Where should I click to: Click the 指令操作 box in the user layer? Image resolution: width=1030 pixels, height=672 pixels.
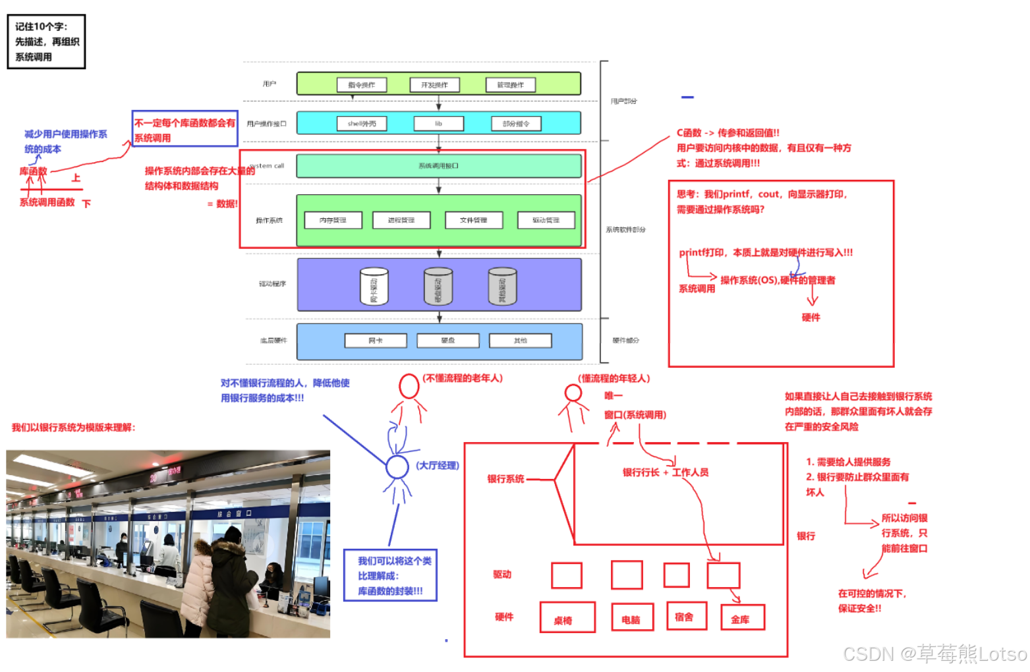click(x=361, y=85)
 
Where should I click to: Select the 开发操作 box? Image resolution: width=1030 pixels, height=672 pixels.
click(x=434, y=85)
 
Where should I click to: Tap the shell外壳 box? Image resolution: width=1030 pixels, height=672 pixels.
click(x=362, y=124)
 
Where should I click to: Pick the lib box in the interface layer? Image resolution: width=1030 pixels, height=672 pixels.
click(x=438, y=124)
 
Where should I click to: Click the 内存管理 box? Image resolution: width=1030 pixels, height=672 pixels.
click(x=333, y=220)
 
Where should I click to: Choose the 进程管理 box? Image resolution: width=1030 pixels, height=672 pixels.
click(x=401, y=220)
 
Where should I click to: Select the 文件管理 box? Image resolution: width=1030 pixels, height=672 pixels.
click(x=473, y=220)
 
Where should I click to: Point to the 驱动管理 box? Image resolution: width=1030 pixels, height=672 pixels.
click(x=546, y=220)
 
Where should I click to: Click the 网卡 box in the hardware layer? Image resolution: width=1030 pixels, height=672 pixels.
click(x=376, y=341)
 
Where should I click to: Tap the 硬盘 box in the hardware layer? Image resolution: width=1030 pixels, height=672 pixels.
click(x=448, y=341)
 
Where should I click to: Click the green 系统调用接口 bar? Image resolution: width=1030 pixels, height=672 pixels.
click(x=438, y=166)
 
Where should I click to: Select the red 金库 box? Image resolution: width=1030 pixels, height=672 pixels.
click(x=741, y=618)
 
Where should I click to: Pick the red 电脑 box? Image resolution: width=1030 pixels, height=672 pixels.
click(x=632, y=618)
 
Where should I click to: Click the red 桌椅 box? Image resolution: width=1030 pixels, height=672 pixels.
click(x=567, y=618)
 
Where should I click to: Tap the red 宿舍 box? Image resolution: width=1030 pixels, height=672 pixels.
click(x=685, y=616)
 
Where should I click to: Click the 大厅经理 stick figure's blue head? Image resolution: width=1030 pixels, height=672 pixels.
click(x=397, y=467)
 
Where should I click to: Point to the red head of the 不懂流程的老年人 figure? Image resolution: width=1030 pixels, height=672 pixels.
click(x=409, y=386)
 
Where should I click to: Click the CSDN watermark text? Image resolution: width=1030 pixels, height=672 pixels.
click(x=934, y=654)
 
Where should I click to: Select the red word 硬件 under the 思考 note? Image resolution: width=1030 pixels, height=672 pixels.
click(x=811, y=318)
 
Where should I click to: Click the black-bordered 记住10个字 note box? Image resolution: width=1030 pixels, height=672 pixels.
click(x=46, y=42)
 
